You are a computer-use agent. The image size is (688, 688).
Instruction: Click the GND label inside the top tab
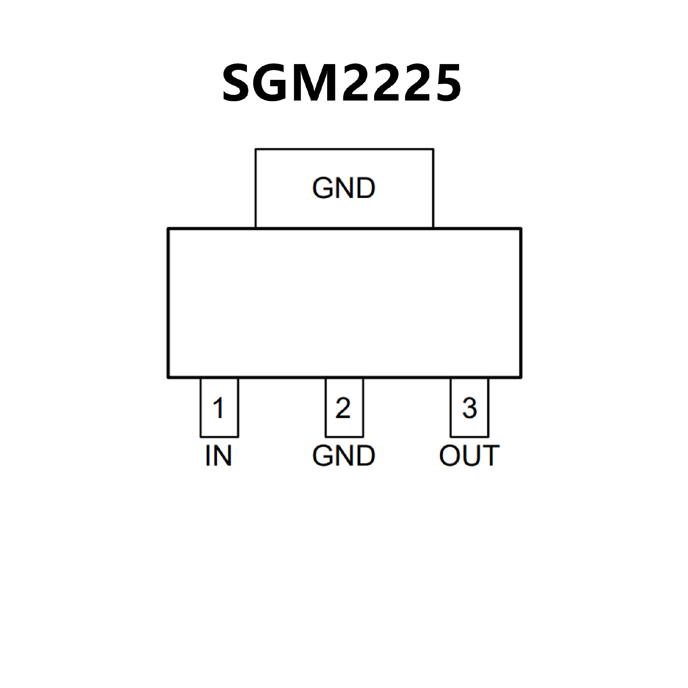click(344, 188)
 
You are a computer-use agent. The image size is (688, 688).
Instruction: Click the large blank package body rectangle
click(344, 303)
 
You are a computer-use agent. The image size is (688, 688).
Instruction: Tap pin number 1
click(219, 408)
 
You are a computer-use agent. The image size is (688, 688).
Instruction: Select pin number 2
click(343, 408)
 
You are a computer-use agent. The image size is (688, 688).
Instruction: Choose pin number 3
click(469, 408)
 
